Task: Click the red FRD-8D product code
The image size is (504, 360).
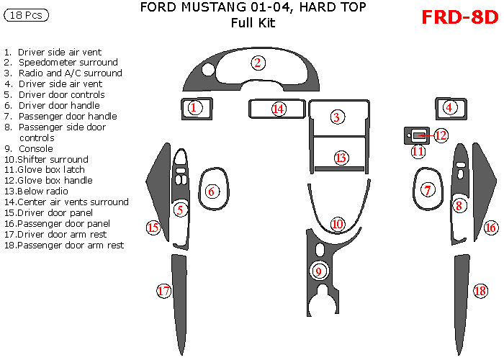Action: (x=459, y=17)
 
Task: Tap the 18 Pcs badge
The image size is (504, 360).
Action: (x=26, y=15)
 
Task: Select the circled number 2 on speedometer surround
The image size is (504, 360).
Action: (x=257, y=63)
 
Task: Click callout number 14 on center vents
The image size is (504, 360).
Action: (x=279, y=109)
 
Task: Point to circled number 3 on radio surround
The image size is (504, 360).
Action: (x=336, y=117)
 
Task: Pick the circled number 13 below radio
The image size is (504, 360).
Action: (x=341, y=158)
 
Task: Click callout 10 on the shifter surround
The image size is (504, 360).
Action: (x=338, y=224)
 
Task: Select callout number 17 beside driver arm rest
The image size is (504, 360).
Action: (x=164, y=291)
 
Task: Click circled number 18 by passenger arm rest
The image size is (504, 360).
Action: (x=480, y=291)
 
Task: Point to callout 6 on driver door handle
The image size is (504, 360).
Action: (x=212, y=191)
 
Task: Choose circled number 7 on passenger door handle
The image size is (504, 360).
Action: (x=428, y=190)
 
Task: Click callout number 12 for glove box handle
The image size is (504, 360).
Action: (x=441, y=135)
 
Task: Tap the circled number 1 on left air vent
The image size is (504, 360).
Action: (x=194, y=108)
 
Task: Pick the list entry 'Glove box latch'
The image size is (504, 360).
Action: (x=55, y=170)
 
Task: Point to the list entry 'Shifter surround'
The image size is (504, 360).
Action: (x=53, y=159)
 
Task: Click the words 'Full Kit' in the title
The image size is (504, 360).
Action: (x=253, y=23)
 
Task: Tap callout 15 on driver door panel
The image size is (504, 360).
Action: (x=153, y=228)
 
